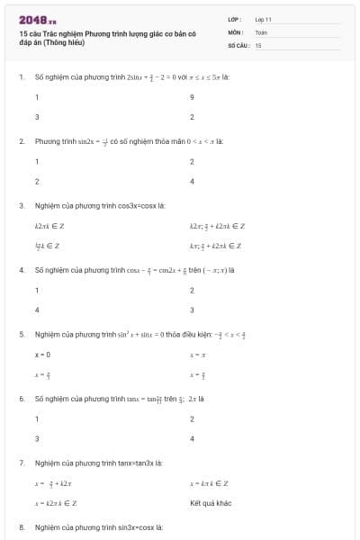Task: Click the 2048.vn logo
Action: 37,19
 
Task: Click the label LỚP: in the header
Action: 234,19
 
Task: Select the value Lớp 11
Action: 263,19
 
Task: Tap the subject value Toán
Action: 261,31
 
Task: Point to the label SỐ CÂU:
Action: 238,44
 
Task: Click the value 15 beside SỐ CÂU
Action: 258,44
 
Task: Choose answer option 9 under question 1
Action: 193,97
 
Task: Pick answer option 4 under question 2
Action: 193,182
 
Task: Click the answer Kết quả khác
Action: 211,503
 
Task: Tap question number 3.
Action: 21,205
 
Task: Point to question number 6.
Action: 21,398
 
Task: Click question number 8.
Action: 21,526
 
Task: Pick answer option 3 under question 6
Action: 37,439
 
